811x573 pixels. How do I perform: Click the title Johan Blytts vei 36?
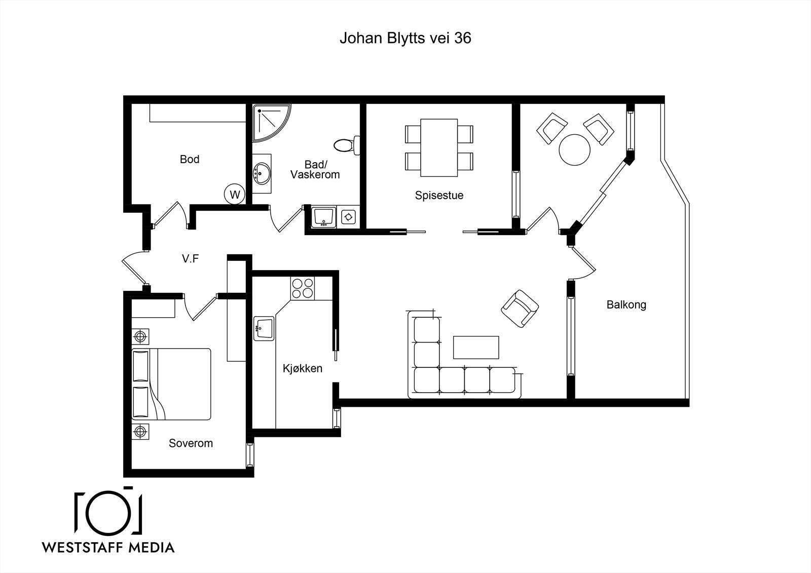[405, 38]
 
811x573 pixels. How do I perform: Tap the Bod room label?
[190, 159]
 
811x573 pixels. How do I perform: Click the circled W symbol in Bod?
[235, 195]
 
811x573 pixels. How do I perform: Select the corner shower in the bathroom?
[272, 123]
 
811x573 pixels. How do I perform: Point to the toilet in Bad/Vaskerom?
[347, 145]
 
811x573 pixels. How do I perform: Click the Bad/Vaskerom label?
[315, 169]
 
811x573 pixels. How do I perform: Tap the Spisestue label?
[439, 196]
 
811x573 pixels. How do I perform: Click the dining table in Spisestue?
[439, 148]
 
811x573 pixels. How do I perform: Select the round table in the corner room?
[575, 150]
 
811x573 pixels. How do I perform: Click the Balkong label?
[626, 305]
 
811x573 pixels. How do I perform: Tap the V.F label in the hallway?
[190, 258]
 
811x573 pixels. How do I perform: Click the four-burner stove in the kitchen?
[303, 288]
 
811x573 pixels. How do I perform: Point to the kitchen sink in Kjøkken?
[264, 328]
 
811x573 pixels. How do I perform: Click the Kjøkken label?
[302, 368]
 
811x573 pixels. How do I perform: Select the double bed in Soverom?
[171, 384]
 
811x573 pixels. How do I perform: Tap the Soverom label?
[191, 443]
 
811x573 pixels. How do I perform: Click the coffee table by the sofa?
[476, 348]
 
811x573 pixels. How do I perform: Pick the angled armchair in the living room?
[520, 309]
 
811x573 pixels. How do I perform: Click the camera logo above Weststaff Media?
[108, 512]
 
